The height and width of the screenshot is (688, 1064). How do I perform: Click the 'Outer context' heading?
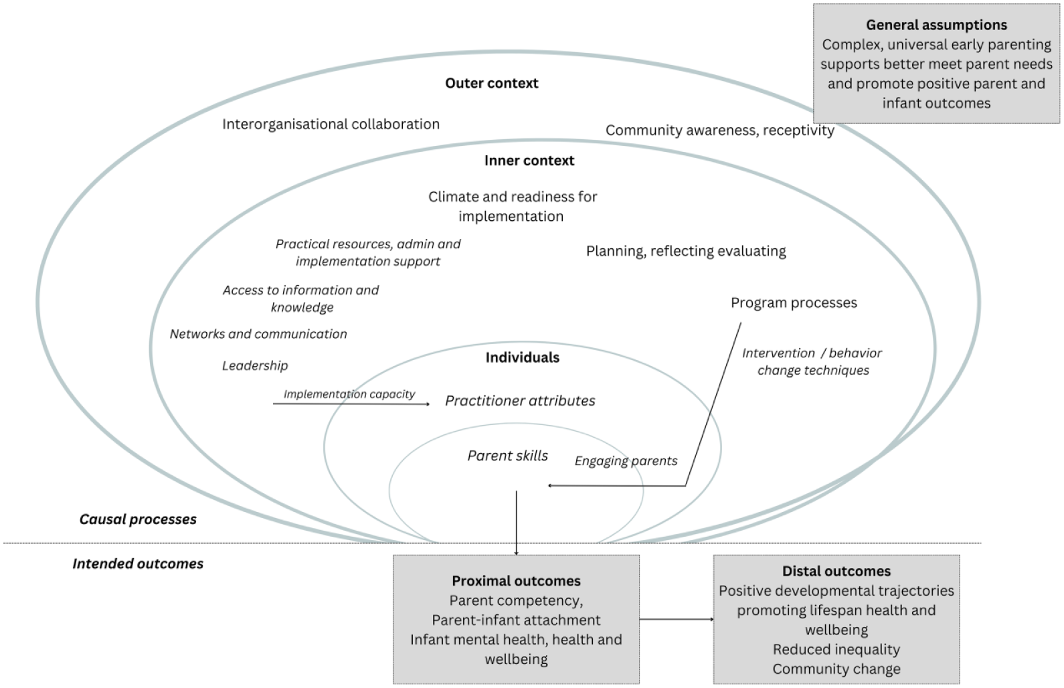[492, 83]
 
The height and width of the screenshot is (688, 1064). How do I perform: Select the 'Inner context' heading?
[529, 161]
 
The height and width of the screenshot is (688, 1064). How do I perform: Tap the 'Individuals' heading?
[523, 357]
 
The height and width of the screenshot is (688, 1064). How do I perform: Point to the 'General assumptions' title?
[936, 25]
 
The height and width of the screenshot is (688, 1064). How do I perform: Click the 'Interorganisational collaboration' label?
[331, 124]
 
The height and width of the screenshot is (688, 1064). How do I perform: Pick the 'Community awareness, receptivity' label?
[719, 131]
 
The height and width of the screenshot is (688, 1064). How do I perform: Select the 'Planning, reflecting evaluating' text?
[686, 251]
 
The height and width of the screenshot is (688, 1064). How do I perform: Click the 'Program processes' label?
[794, 303]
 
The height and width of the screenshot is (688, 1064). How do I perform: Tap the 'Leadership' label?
[255, 365]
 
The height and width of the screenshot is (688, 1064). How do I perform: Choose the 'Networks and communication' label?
[258, 334]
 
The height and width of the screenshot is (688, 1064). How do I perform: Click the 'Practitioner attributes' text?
[520, 401]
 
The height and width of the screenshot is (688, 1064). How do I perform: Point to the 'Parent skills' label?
[508, 456]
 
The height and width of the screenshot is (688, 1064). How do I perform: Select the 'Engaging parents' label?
[626, 461]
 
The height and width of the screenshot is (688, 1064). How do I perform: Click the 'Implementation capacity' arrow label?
[349, 394]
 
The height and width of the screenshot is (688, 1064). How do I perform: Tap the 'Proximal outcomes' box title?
[517, 581]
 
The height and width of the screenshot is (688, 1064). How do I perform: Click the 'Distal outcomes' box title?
[836, 571]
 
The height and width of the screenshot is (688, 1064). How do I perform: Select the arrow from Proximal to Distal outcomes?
[677, 619]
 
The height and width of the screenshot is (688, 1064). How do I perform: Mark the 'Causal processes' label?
[138, 519]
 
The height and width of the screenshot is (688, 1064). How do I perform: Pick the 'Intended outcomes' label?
[138, 564]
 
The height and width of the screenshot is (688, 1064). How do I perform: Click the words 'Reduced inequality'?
[836, 649]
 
